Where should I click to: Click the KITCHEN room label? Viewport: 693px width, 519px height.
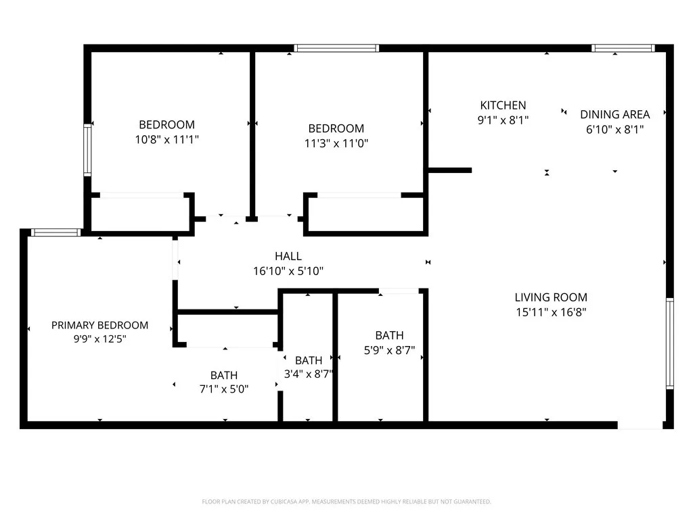pyautogui.click(x=503, y=105)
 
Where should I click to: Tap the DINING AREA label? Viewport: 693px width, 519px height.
pyautogui.click(x=614, y=114)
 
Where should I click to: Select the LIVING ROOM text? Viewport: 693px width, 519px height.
pyautogui.click(x=551, y=297)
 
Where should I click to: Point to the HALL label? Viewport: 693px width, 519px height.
pyautogui.click(x=288, y=256)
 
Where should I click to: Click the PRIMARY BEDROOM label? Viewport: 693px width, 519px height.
pyautogui.click(x=99, y=325)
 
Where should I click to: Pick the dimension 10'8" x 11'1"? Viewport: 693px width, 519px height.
pyautogui.click(x=166, y=139)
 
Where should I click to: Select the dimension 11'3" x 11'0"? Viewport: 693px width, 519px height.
pyautogui.click(x=336, y=143)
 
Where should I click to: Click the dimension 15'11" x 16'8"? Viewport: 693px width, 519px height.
pyautogui.click(x=551, y=312)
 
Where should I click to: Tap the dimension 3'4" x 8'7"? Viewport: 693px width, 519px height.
pyautogui.click(x=309, y=373)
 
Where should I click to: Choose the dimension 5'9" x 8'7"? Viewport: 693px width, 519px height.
pyautogui.click(x=389, y=351)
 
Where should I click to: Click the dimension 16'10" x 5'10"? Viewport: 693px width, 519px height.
pyautogui.click(x=288, y=271)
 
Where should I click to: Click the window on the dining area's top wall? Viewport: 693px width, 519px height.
pyautogui.click(x=623, y=48)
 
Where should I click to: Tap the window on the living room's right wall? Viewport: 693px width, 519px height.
pyautogui.click(x=669, y=343)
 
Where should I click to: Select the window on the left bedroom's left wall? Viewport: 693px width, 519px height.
pyautogui.click(x=87, y=150)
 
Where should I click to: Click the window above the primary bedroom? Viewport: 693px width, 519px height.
pyautogui.click(x=55, y=232)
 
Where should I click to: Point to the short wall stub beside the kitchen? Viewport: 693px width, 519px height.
pyautogui.click(x=450, y=170)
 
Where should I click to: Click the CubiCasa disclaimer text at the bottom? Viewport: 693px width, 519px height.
pyautogui.click(x=346, y=501)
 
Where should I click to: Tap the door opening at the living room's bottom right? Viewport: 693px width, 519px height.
pyautogui.click(x=640, y=425)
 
